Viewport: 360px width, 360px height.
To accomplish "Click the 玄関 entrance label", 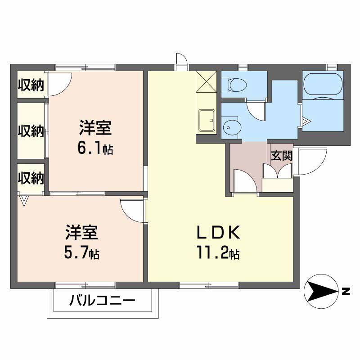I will [282, 156].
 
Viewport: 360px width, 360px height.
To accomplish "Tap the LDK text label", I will [219, 233].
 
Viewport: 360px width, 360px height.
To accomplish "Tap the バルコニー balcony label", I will [102, 301].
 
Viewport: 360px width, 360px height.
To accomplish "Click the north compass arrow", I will [321, 291].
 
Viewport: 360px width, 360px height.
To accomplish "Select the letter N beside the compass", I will [346, 292].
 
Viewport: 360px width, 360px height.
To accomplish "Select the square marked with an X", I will [207, 81].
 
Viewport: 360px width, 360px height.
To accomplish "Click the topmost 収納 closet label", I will [31, 85].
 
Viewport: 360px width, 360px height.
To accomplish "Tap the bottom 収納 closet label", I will [31, 179].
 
